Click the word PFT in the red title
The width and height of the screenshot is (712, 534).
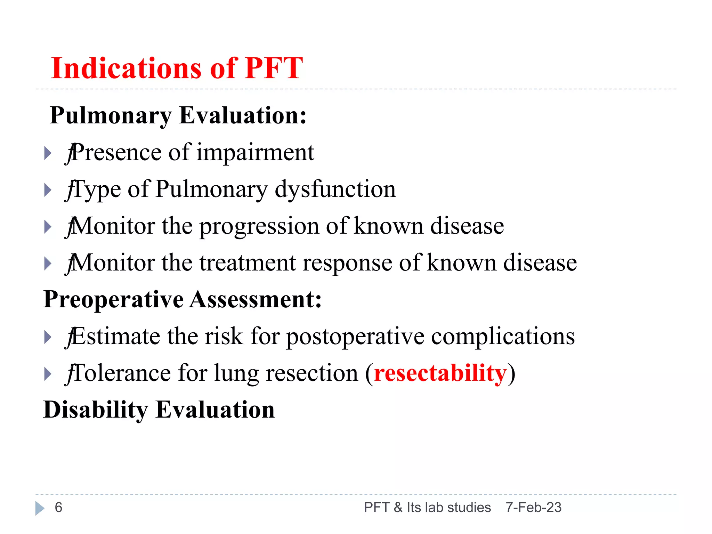click(x=274, y=68)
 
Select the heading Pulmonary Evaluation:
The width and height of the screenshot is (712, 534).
click(x=178, y=115)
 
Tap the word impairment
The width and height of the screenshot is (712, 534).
click(x=255, y=153)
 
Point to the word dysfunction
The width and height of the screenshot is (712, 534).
click(x=335, y=190)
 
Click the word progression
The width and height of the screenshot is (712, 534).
click(x=259, y=227)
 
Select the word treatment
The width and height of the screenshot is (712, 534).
click(x=248, y=263)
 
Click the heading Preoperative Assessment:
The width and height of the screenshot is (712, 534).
click(x=183, y=300)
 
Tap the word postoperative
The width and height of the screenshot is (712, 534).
click(x=355, y=337)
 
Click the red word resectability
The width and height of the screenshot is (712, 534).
click(x=440, y=373)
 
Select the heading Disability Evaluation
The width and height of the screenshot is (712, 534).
click(x=159, y=410)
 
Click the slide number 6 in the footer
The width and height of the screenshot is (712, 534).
click(x=58, y=508)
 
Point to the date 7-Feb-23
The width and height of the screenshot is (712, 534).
click(x=533, y=508)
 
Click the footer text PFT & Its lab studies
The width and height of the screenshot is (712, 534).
click(x=427, y=508)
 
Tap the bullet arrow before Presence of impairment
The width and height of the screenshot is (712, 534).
click(x=48, y=153)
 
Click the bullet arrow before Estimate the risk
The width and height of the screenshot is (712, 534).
click(x=48, y=337)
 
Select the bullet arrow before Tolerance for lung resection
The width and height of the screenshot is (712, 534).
click(x=48, y=374)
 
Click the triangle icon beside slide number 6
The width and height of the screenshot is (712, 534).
click(x=40, y=508)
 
